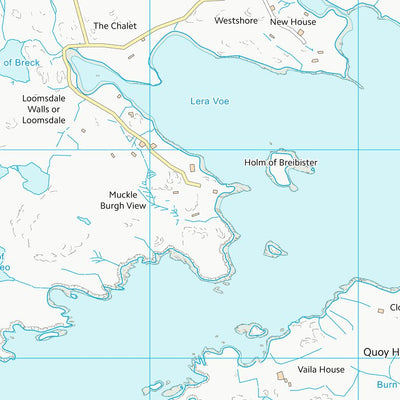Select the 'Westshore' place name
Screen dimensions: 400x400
pyautogui.click(x=236, y=19)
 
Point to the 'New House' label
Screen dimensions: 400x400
pyautogui.click(x=293, y=20)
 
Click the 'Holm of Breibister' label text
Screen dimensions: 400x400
pyautogui.click(x=280, y=162)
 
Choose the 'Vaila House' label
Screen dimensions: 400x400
pyautogui.click(x=319, y=369)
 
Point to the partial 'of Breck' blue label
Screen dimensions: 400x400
pyautogui.click(x=19, y=62)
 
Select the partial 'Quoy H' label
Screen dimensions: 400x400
pyautogui.click(x=380, y=351)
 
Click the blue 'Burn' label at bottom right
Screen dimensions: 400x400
pyautogui.click(x=387, y=383)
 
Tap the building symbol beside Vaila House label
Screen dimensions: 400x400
pyautogui.click(x=282, y=377)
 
